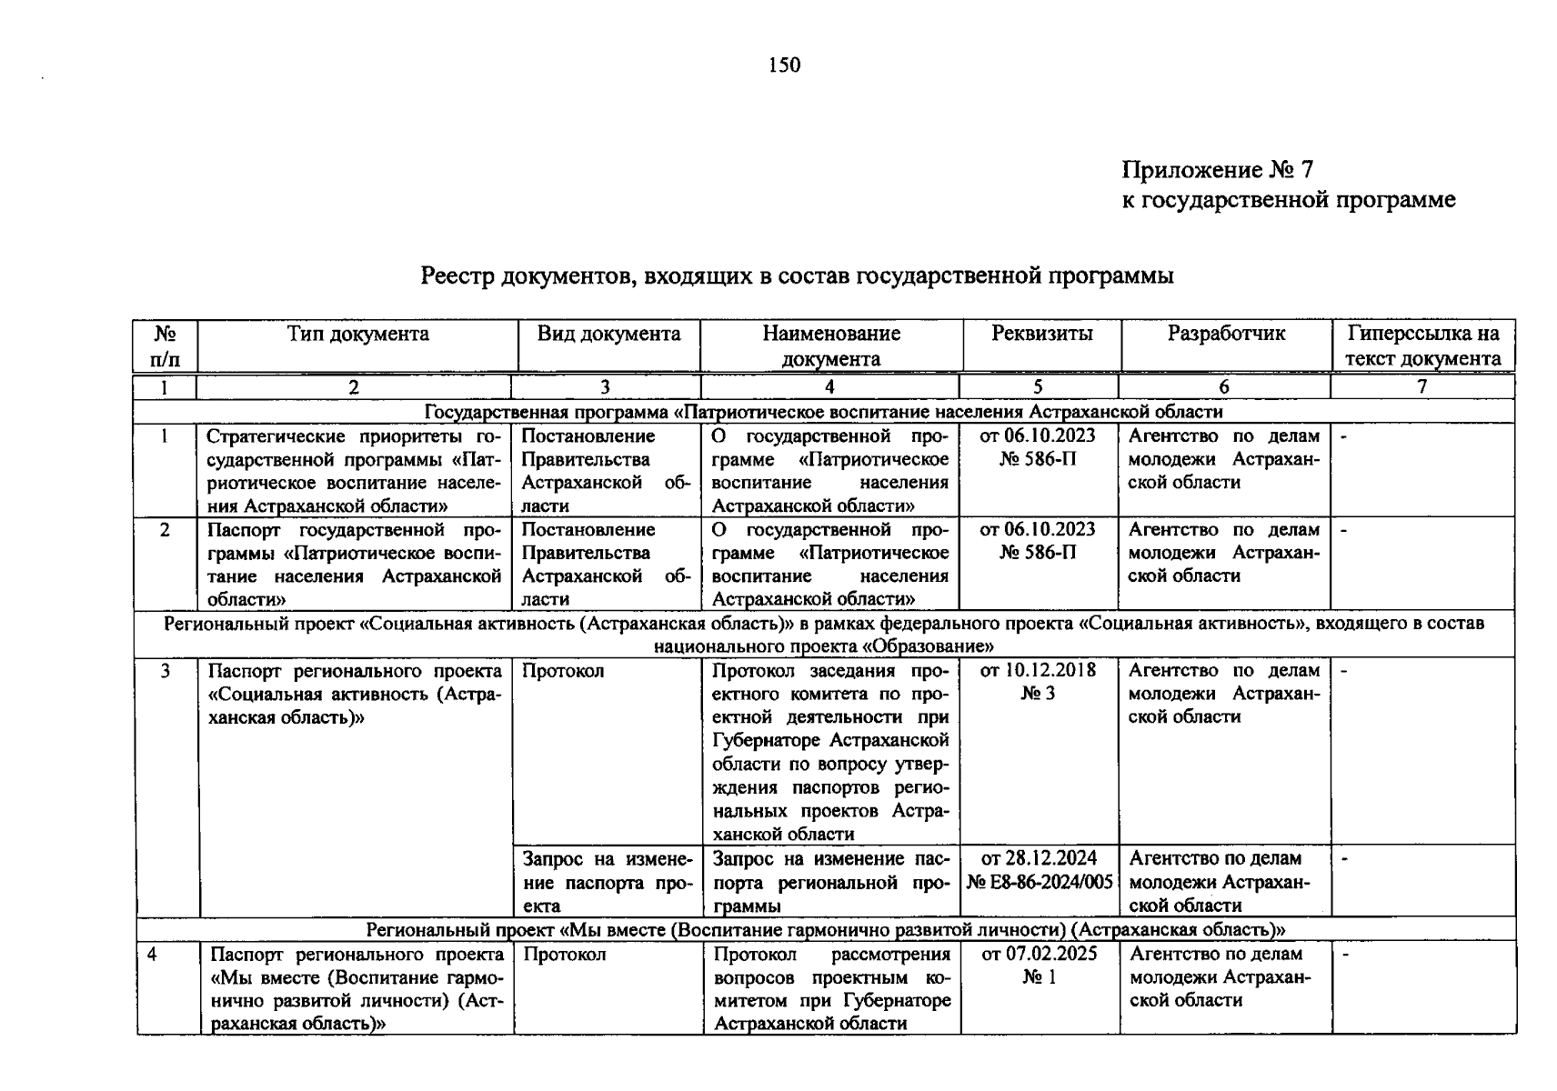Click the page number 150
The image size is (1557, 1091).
(x=784, y=65)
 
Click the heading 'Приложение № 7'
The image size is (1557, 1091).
(x=1217, y=170)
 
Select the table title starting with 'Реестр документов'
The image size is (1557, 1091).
(x=797, y=275)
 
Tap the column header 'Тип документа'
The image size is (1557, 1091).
(x=357, y=334)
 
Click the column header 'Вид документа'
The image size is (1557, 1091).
(x=608, y=334)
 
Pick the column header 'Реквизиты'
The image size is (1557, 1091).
(x=1041, y=334)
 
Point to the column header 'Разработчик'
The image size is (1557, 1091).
(x=1226, y=334)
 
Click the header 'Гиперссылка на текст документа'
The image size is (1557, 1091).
(x=1423, y=345)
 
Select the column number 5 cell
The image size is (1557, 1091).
(x=1038, y=386)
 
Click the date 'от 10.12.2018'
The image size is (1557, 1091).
(x=1038, y=671)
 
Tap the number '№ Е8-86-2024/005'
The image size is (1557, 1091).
(x=1040, y=882)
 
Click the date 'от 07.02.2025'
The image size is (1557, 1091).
(x=1039, y=954)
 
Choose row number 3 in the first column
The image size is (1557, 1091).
(x=166, y=671)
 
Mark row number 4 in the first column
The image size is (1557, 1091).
(x=152, y=954)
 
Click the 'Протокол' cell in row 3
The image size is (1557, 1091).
(x=563, y=671)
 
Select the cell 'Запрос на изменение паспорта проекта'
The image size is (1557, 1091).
(x=607, y=882)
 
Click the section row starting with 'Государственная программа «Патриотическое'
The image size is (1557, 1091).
(x=824, y=412)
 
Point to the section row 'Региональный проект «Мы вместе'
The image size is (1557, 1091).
(x=825, y=929)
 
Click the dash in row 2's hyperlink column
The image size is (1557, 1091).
(x=1345, y=530)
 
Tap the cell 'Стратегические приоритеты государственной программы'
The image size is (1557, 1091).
(x=354, y=471)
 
